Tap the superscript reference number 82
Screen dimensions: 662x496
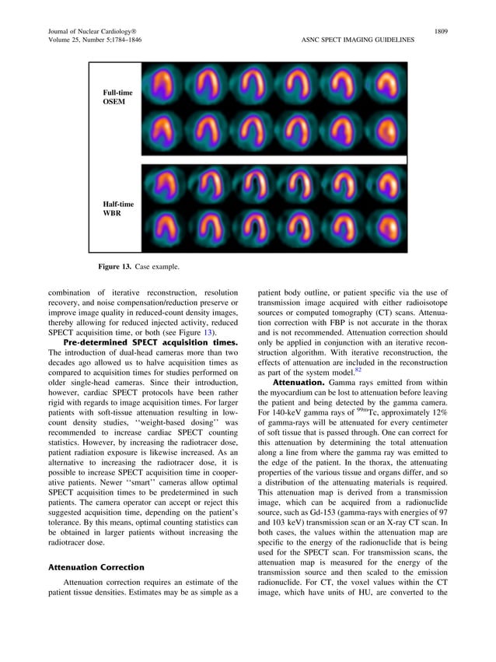click(358, 370)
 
